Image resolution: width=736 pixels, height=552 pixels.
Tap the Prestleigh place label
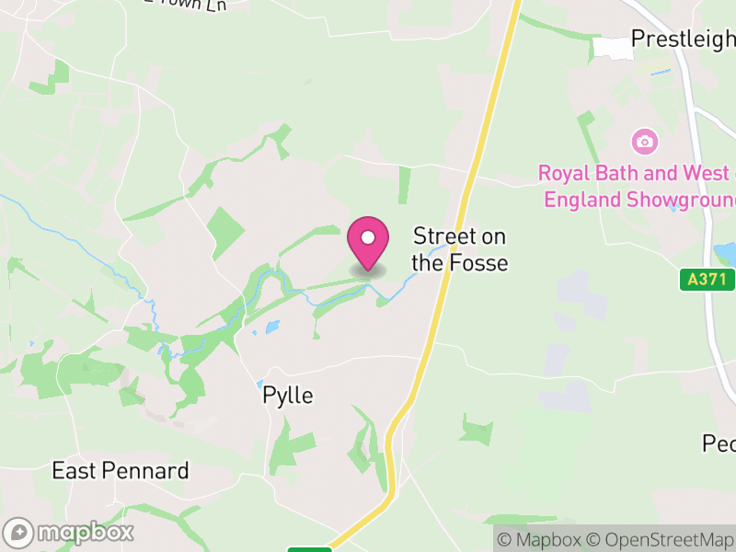click(682, 40)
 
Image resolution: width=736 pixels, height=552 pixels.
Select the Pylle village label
click(288, 396)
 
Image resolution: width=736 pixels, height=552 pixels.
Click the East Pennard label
click(121, 471)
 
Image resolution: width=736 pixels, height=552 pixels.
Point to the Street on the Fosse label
click(459, 249)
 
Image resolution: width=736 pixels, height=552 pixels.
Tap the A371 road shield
click(707, 279)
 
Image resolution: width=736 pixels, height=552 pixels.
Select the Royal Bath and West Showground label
click(639, 186)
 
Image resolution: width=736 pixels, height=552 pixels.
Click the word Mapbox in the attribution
click(546, 540)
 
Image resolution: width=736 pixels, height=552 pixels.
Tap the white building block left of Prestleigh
click(613, 48)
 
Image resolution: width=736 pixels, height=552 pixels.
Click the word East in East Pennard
click(70, 471)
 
